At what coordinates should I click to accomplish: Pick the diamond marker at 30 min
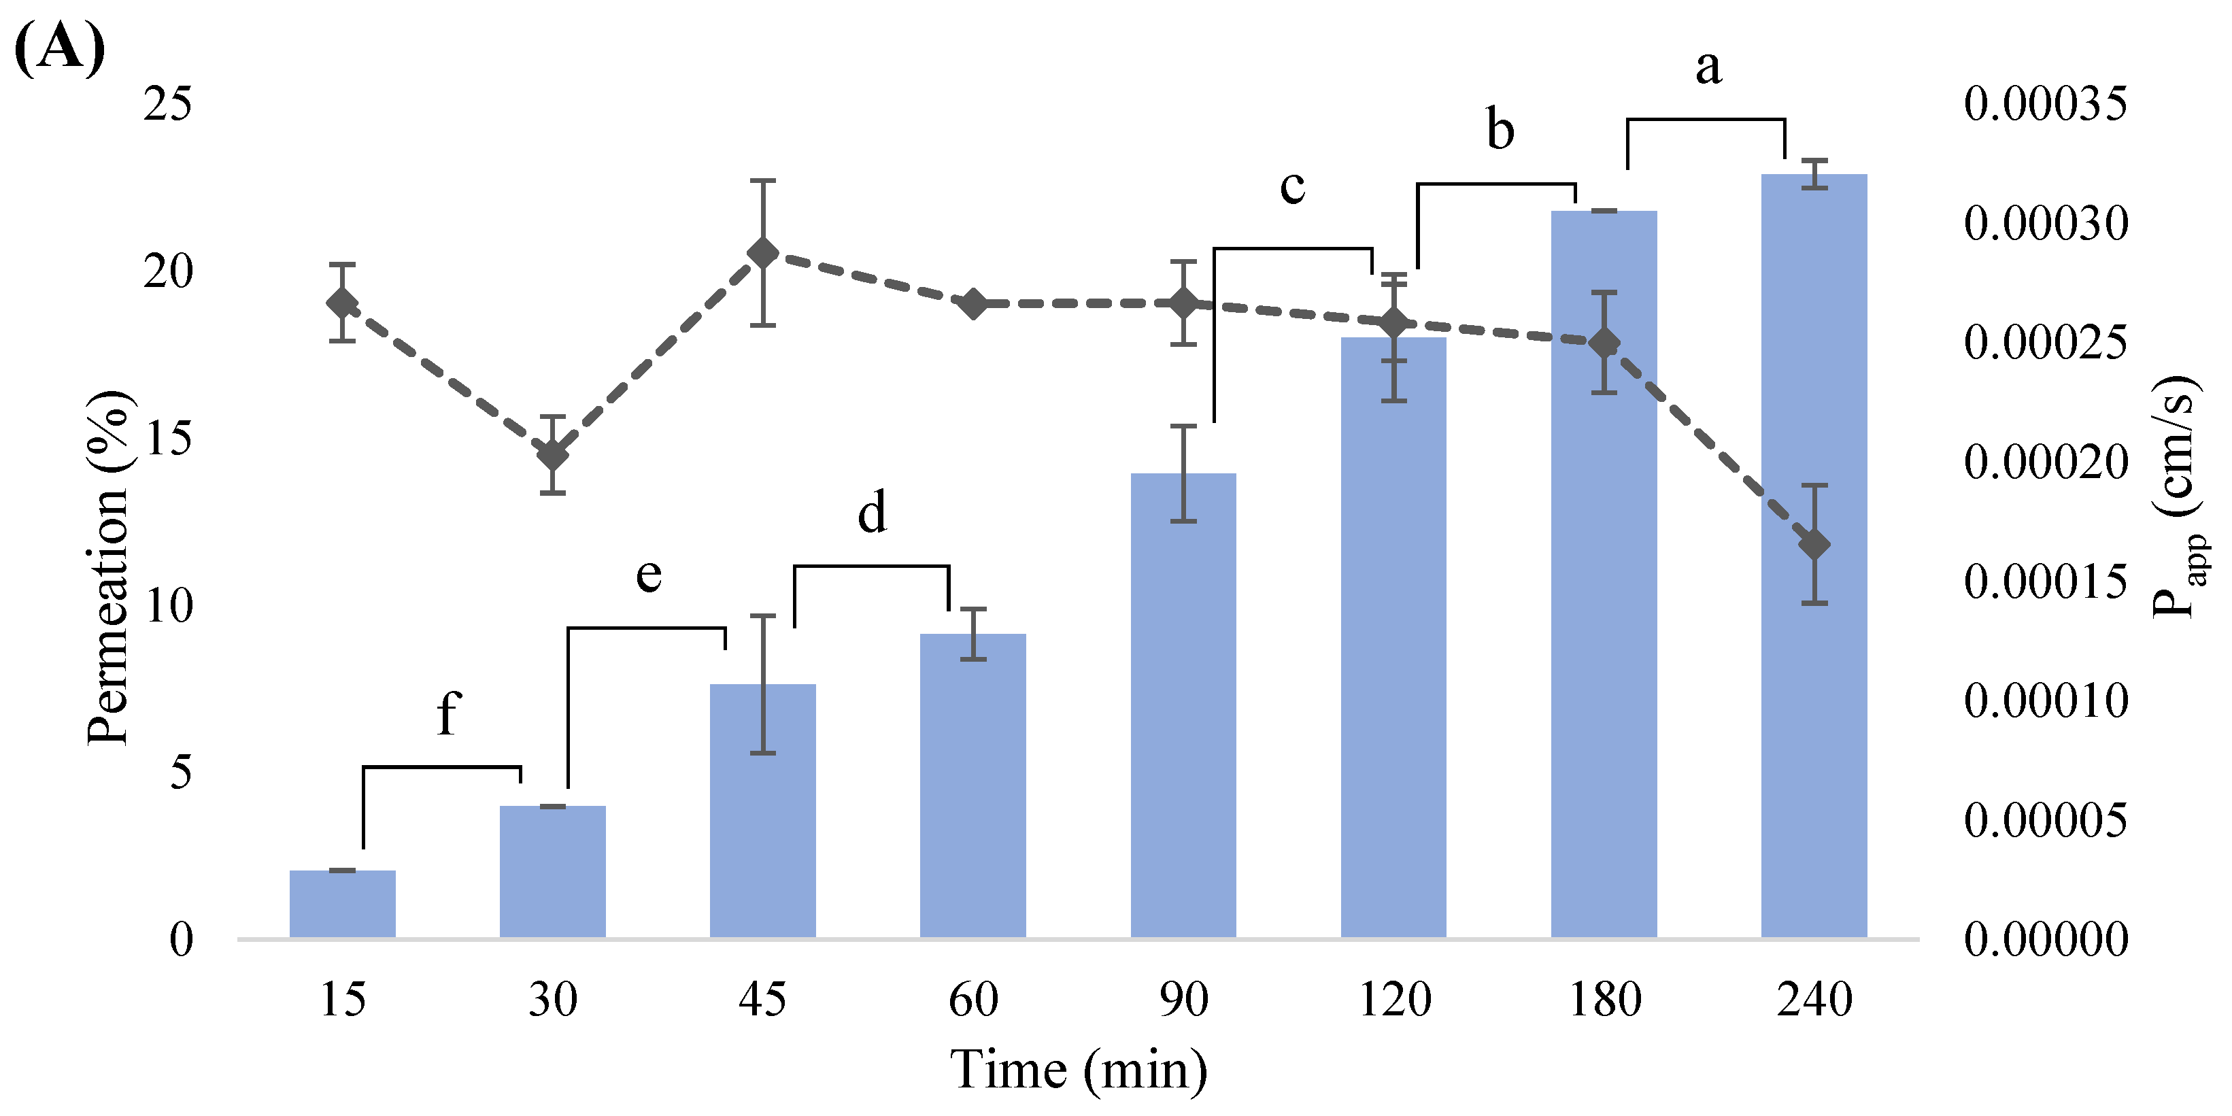[553, 454]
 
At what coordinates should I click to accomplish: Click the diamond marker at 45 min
[762, 253]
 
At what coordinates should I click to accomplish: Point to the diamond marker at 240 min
[1814, 545]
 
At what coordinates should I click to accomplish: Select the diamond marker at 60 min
[973, 304]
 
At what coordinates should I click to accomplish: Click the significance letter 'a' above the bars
[1708, 67]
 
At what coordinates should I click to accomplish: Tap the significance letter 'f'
[447, 714]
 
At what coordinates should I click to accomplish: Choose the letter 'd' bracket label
[872, 513]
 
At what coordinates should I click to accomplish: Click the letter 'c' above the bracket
[1292, 186]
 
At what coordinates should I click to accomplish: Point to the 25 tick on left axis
[167, 105]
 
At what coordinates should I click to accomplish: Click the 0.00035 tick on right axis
[2045, 105]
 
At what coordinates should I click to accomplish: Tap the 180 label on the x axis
[1605, 1000]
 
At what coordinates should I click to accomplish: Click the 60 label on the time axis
[973, 1000]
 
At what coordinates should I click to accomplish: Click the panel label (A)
[59, 48]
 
